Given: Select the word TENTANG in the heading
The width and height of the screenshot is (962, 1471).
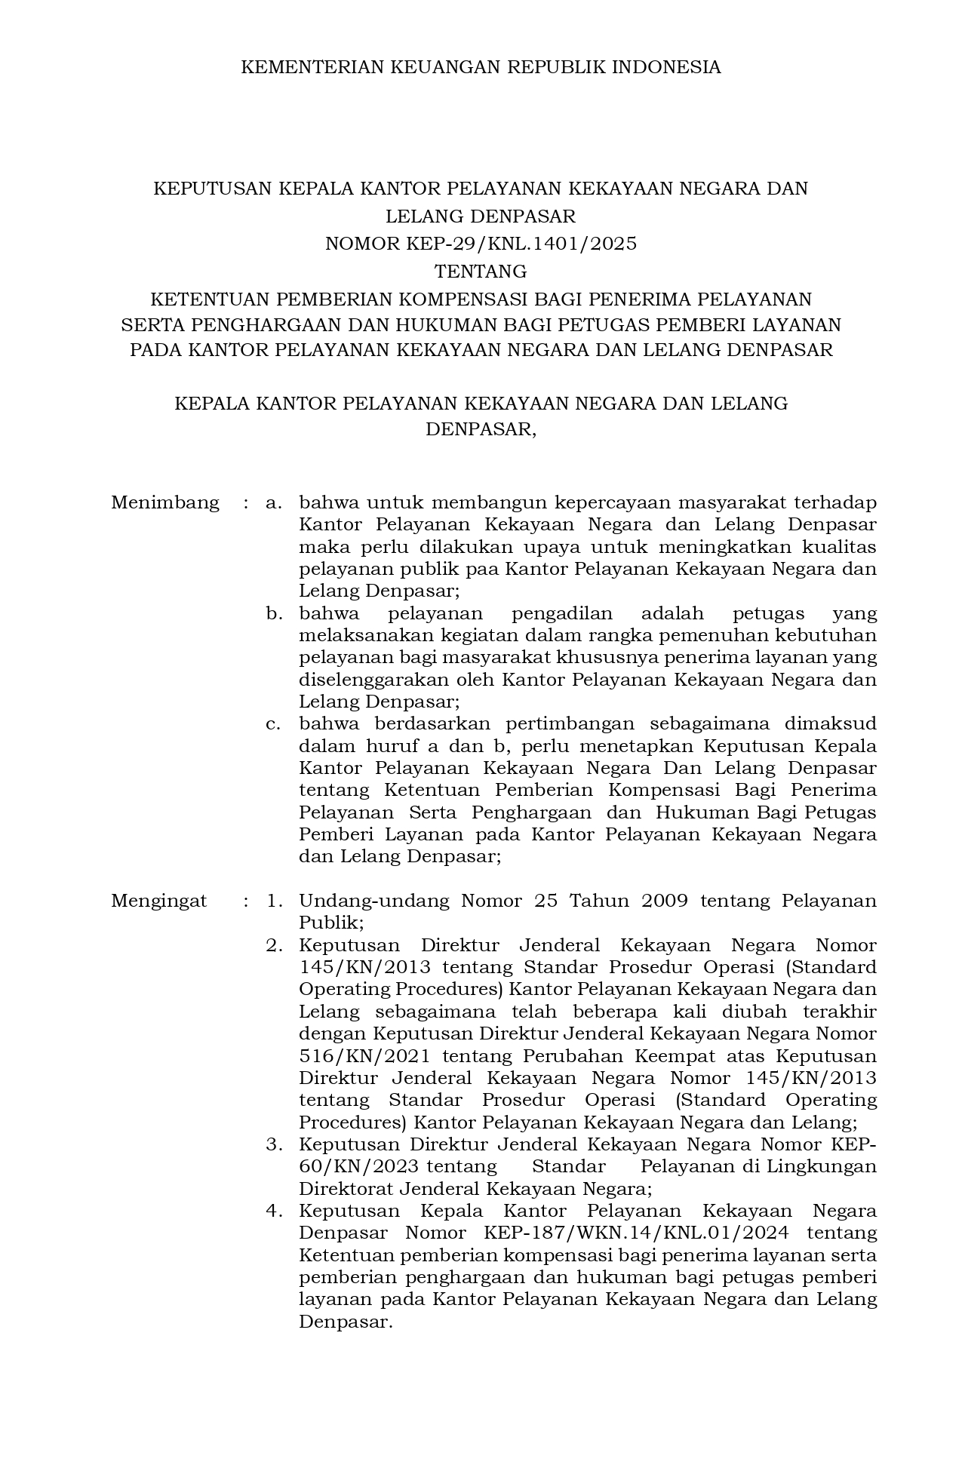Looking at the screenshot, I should pos(481,271).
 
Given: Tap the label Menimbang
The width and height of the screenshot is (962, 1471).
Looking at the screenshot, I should pos(165,502).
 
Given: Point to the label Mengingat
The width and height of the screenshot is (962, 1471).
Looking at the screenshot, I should pos(159,901).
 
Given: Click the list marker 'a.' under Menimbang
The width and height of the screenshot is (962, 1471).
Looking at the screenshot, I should pos(273,502).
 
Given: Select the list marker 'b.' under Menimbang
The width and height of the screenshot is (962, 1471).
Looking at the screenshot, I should pos(273,613).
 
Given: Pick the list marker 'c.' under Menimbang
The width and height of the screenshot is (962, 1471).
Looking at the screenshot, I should pos(273,724).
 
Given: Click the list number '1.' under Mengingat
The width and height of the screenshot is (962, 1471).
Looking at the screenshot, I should pos(274,901).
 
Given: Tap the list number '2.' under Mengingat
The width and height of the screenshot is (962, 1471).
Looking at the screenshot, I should pos(274,945).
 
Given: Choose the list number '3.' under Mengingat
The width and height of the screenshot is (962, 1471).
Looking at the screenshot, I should pos(274,1144).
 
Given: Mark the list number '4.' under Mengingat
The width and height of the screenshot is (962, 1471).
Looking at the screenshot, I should pos(274,1211).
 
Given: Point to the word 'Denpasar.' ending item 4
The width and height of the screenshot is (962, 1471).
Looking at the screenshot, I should pos(346,1322).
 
